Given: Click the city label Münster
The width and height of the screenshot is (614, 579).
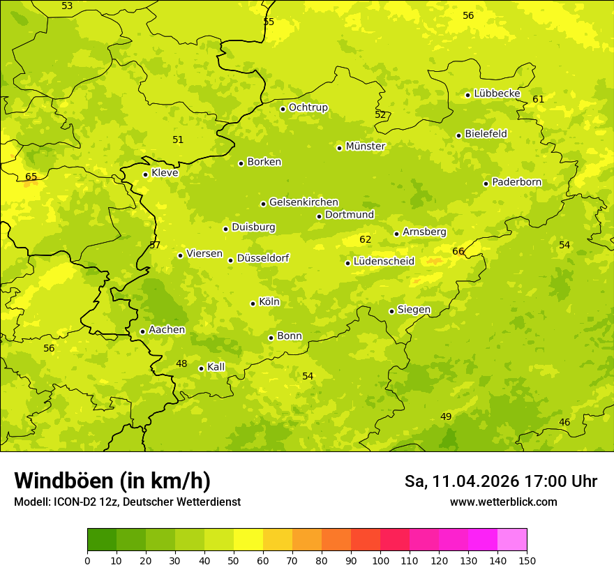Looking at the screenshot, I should [365, 146].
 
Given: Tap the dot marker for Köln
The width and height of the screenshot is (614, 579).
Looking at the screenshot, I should [253, 303].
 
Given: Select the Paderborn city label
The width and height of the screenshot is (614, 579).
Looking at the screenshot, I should [516, 182].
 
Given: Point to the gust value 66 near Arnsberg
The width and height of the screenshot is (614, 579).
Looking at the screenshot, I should [458, 251].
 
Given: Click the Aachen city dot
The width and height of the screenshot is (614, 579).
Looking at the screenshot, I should [142, 331].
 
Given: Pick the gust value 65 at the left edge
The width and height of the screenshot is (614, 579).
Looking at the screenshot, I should [31, 176].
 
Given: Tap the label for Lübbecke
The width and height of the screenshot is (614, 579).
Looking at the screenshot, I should [497, 93].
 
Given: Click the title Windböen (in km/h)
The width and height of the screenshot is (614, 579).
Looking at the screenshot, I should [112, 481].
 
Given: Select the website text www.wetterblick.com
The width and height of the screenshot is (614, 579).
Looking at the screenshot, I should [503, 502].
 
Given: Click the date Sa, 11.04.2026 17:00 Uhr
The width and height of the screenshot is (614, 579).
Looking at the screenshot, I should [500, 481].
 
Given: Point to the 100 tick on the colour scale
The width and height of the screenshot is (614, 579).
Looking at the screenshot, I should [380, 560].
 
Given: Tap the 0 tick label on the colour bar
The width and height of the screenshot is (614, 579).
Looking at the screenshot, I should [87, 560].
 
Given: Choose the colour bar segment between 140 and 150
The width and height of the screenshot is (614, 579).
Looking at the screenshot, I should [512, 540].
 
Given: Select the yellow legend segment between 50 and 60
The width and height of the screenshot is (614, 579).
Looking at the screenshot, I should [248, 540].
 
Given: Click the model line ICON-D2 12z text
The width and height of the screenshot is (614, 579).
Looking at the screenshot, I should [127, 502].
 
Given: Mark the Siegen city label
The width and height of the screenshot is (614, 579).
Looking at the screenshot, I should [414, 310].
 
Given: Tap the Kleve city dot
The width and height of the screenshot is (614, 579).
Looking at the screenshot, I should [145, 174].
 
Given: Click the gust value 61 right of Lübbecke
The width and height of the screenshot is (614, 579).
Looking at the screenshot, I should [538, 99].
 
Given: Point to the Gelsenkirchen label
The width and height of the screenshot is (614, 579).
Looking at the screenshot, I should [304, 202].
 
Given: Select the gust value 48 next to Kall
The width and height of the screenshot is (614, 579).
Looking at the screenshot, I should [181, 363].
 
